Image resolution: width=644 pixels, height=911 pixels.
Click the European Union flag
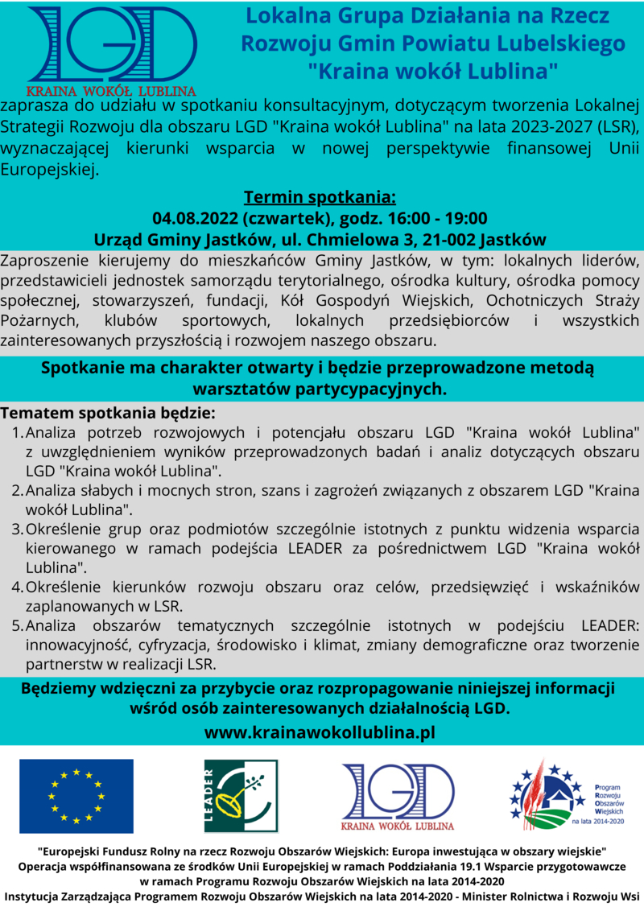[76, 796]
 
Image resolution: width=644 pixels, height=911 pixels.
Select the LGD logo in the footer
[398, 796]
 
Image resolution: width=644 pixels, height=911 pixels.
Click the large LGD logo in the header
[112, 48]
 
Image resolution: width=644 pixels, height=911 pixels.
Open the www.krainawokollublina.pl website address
[320, 732]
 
